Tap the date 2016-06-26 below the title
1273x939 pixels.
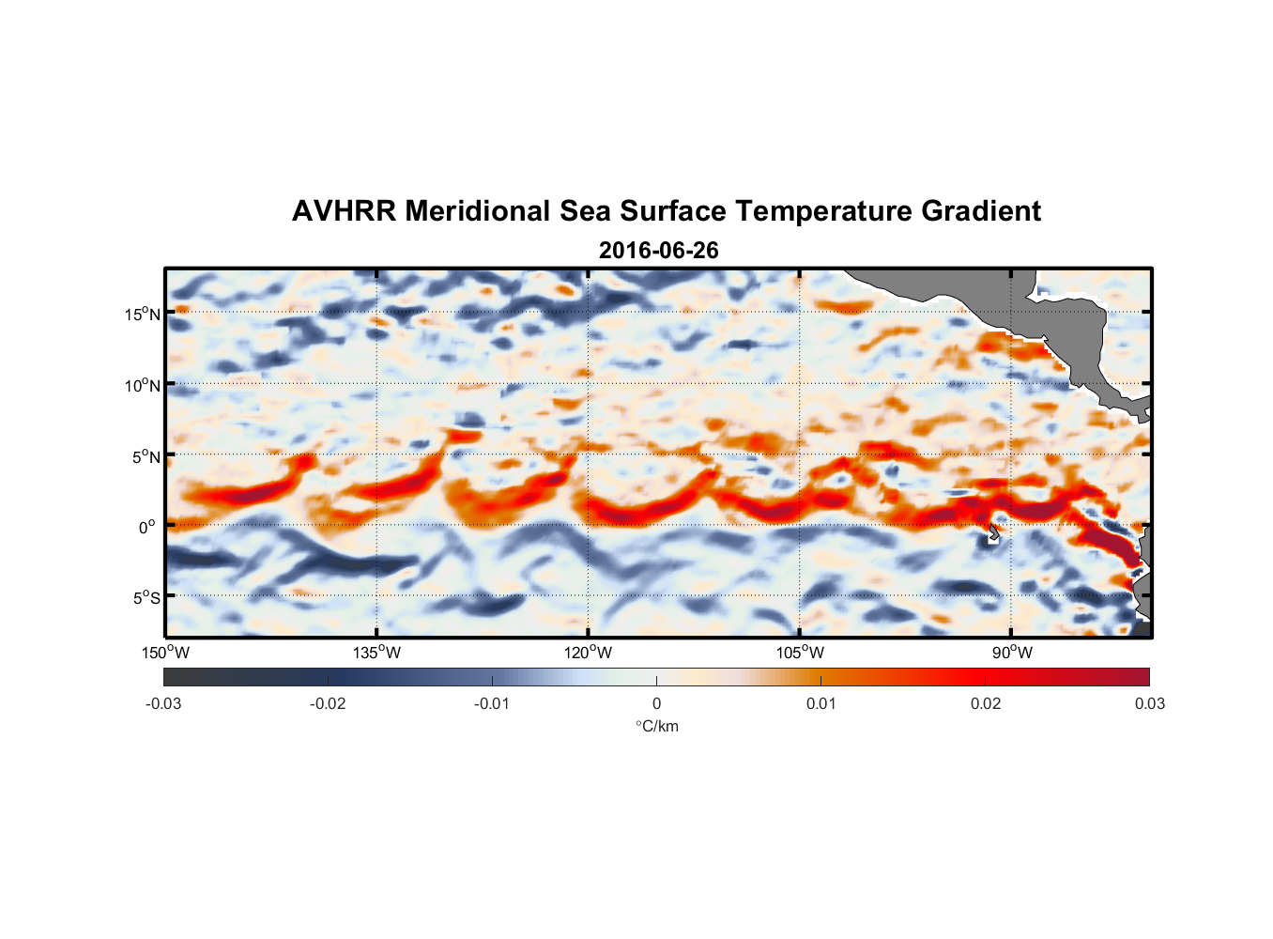tap(658, 251)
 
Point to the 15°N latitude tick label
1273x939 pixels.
tap(143, 314)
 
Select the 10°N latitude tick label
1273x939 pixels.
tap(143, 385)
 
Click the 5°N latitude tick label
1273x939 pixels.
tap(146, 456)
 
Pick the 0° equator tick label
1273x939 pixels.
tap(147, 527)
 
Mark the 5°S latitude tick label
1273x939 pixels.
tap(146, 598)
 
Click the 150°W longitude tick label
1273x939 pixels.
tap(165, 653)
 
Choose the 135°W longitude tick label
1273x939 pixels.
tap(376, 653)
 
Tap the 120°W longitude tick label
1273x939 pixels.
tap(588, 653)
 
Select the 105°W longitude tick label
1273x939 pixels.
tap(800, 653)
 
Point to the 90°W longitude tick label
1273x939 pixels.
tap(1011, 653)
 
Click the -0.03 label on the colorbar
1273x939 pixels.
tap(163, 703)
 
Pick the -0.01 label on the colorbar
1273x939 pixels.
tap(492, 703)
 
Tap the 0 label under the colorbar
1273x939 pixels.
tap(656, 703)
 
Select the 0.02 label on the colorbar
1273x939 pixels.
tap(986, 703)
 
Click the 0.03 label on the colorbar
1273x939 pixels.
tap(1149, 703)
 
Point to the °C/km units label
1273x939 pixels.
tap(656, 726)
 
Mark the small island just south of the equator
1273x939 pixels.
tap(993, 535)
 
